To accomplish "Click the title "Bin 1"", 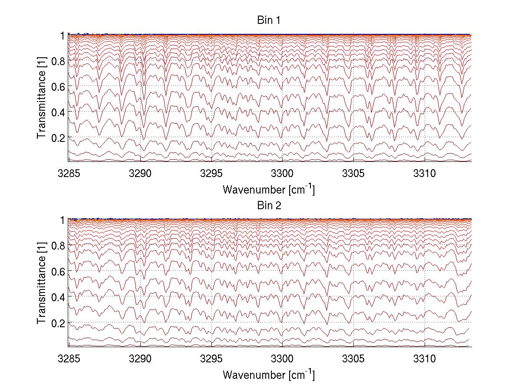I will click(269, 20).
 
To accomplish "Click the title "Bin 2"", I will click(269, 205).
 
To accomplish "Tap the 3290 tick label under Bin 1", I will click(140, 174).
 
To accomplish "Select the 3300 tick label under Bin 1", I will click(282, 174).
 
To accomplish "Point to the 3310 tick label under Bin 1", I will click(424, 174).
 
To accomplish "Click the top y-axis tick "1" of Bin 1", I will click(62, 35).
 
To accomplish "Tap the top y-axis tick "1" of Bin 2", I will click(62, 220).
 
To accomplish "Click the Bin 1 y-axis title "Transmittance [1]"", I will click(41, 99).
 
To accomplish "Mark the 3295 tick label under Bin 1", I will click(211, 174).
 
